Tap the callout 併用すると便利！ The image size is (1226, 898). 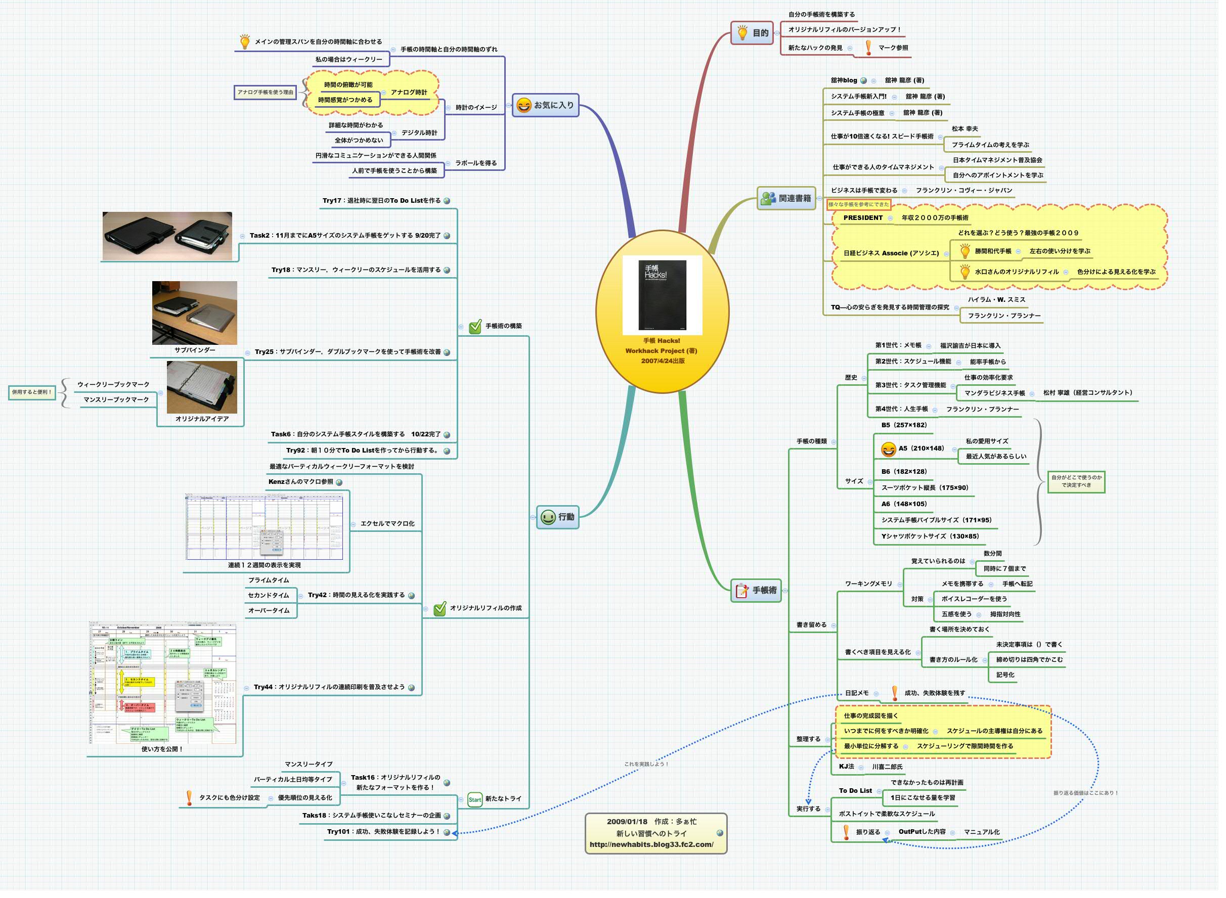click(32, 394)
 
